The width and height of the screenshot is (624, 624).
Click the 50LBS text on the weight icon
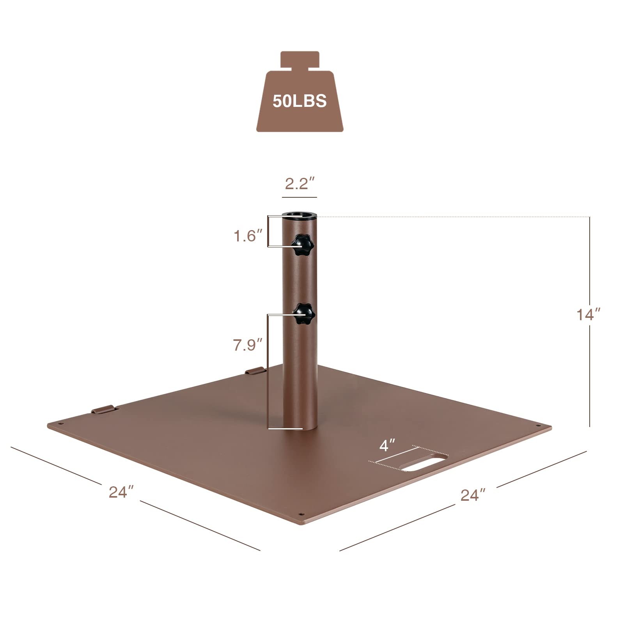(300, 101)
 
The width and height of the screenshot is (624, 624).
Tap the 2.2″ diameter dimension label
(299, 183)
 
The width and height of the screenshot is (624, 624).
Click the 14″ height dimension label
(588, 314)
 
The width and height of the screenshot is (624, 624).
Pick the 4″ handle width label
(387, 445)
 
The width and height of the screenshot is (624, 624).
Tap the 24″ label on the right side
(473, 495)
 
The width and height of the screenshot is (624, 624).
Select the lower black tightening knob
(304, 314)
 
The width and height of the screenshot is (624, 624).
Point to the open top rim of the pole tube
(299, 215)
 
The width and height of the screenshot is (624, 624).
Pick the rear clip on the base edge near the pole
(254, 370)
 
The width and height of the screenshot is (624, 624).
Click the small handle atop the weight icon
(300, 59)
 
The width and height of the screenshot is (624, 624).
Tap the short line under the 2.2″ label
(299, 197)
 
